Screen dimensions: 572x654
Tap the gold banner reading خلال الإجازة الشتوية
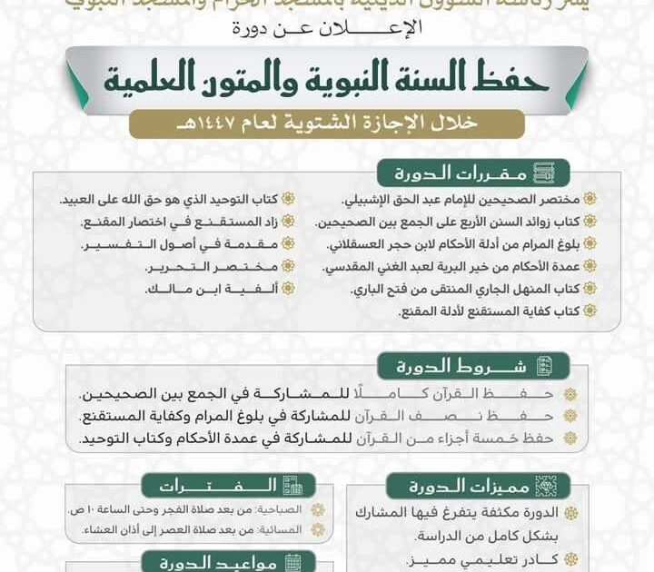(x=326, y=123)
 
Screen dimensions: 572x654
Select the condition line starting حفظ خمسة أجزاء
(x=322, y=439)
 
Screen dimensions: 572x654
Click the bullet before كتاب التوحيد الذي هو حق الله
(x=288, y=200)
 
